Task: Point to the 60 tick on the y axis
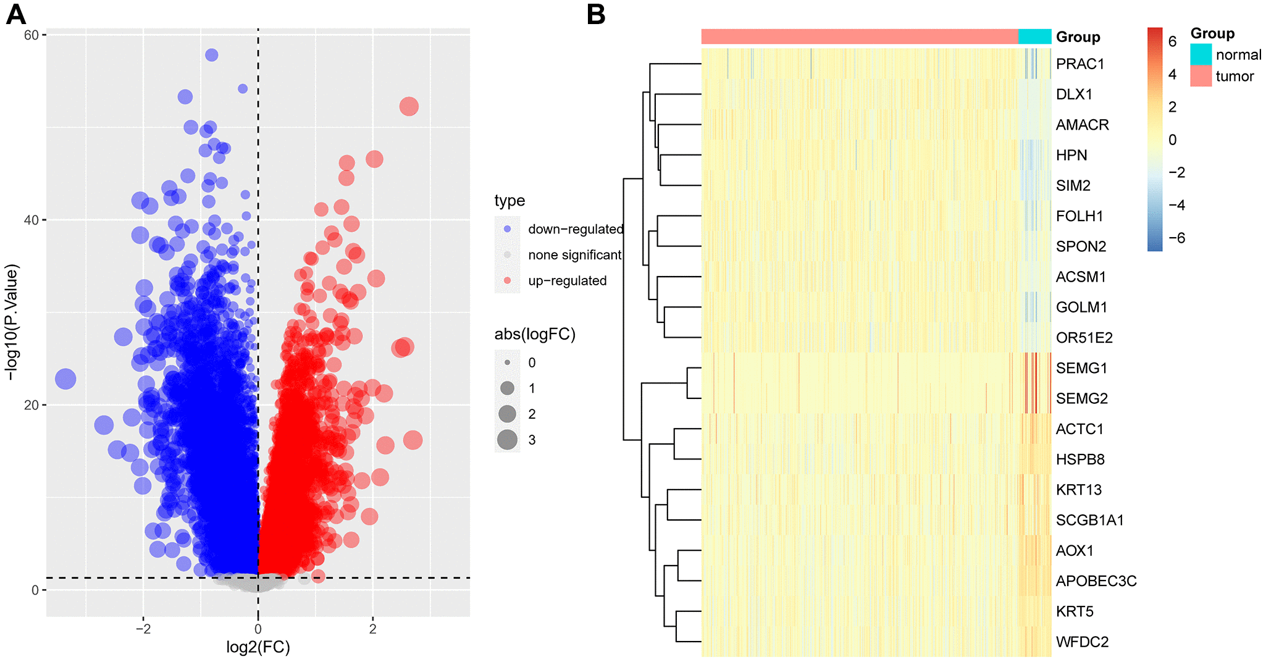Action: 31,35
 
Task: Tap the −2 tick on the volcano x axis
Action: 143,629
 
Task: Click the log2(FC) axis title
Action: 258,647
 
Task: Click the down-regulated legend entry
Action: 575,229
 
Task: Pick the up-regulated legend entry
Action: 567,281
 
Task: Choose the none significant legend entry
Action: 574,255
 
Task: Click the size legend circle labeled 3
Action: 508,440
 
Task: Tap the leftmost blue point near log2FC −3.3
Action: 65,379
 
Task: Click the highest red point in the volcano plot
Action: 409,106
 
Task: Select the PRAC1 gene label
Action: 1079,64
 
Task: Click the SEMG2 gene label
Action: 1081,399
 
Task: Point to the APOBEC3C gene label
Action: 1096,581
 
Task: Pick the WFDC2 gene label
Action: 1082,642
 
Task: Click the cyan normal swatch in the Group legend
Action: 1201,54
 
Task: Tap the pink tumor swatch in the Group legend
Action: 1201,76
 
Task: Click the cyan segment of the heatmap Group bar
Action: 1034,36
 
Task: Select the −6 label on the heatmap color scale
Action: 1176,238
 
